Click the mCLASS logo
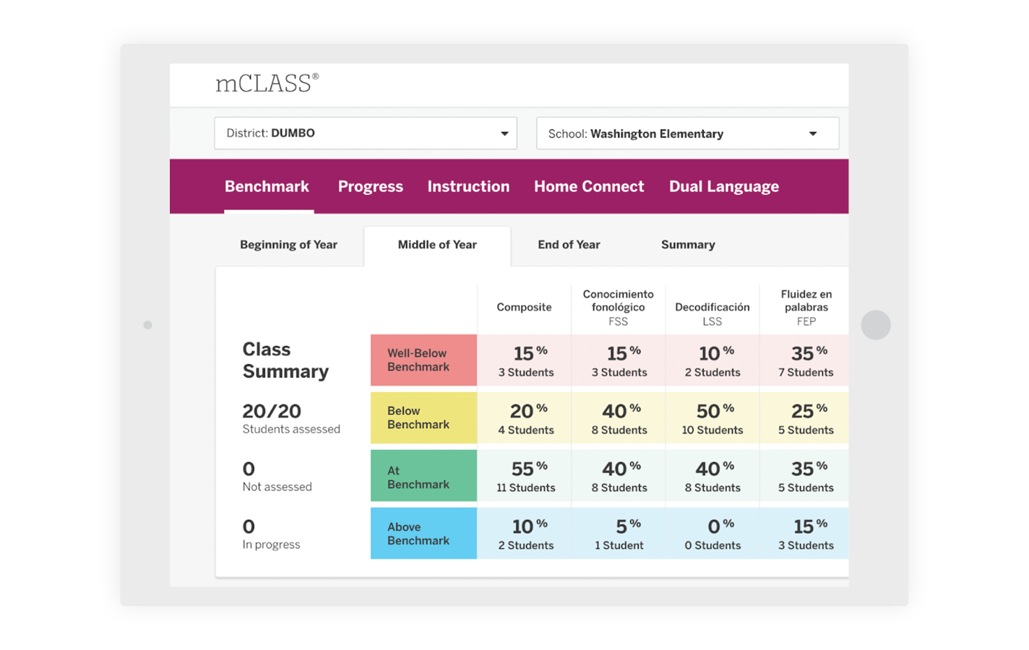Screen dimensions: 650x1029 [266, 83]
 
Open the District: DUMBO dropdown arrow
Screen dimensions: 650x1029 [504, 134]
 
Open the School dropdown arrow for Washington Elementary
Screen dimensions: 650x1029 [813, 134]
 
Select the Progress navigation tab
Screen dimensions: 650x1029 [370, 186]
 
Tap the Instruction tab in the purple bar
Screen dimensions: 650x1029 [468, 186]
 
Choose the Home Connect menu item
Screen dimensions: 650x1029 [589, 186]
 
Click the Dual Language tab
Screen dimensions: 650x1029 [723, 186]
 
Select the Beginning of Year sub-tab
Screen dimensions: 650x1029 [288, 245]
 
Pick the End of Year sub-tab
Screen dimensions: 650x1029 [569, 245]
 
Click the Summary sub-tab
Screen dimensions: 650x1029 [688, 245]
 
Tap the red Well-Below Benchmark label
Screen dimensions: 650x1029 [423, 360]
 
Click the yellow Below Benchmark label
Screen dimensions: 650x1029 [423, 417]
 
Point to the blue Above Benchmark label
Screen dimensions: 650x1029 [423, 534]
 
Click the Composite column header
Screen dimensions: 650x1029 [524, 307]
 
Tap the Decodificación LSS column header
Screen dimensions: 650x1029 [712, 313]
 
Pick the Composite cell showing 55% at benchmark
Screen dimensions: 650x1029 [525, 476]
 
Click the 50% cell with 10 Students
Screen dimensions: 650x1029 [712, 418]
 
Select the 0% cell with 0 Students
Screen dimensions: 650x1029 [712, 534]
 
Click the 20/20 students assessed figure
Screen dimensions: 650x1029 [272, 412]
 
